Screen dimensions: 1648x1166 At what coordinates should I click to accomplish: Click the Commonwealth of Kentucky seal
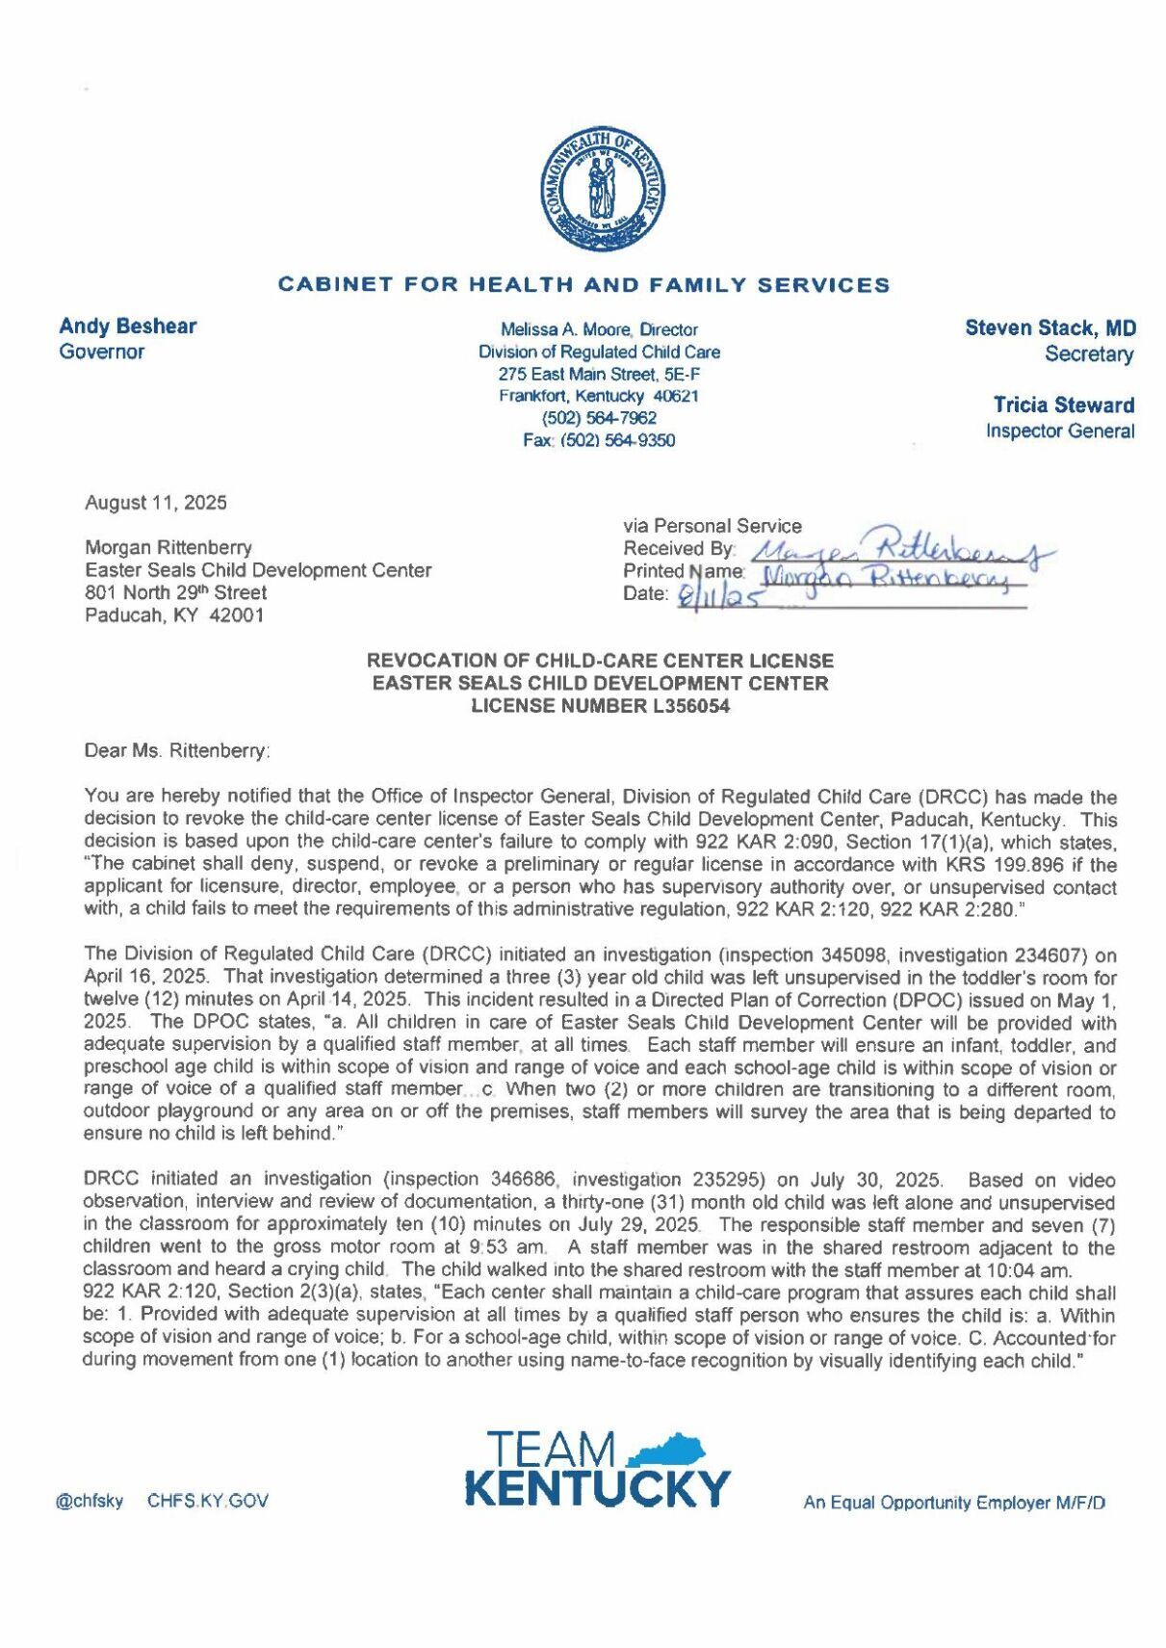(602, 189)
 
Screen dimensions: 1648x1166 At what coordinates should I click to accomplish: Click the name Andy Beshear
(127, 327)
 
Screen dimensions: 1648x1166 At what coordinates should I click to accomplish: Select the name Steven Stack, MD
(1050, 328)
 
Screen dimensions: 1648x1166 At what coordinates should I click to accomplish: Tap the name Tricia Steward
(1063, 405)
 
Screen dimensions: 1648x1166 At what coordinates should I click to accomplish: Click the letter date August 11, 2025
(156, 503)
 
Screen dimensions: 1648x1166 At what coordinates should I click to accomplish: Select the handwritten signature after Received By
(900, 552)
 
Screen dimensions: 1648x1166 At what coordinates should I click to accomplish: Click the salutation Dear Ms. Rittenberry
(177, 750)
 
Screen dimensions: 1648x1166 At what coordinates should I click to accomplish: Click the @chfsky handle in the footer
(90, 1502)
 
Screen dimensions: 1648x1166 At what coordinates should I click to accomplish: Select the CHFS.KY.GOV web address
(208, 1502)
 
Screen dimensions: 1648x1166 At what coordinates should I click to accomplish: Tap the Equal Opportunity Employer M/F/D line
(954, 1503)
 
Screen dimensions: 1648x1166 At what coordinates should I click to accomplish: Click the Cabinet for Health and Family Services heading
(583, 285)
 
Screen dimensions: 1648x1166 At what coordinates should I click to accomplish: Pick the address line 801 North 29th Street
(175, 592)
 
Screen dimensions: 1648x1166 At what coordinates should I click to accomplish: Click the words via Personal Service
(712, 526)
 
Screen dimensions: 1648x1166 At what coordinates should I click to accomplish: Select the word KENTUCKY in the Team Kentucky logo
(597, 1488)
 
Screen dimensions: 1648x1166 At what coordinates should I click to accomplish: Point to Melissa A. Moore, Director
(598, 329)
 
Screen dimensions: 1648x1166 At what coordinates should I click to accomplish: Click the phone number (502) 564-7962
(599, 418)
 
